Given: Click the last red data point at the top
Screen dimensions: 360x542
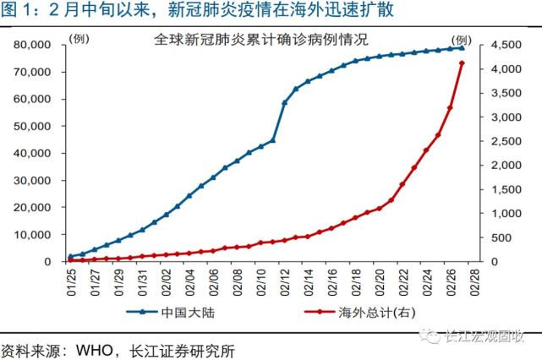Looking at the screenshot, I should tap(462, 63).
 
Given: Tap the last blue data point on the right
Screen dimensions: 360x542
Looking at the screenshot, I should tap(462, 47).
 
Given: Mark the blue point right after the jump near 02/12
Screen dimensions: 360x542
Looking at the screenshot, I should tap(285, 103).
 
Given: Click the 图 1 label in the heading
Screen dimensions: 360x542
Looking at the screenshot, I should tap(19, 11).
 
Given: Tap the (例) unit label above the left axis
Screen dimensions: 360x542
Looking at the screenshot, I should tap(79, 40).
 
